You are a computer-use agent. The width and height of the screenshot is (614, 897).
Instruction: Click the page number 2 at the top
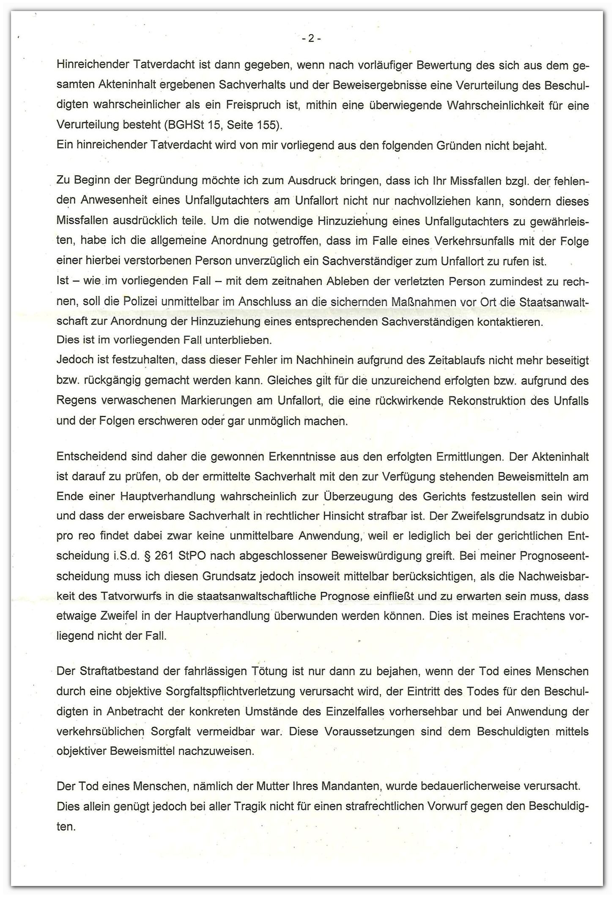(311, 39)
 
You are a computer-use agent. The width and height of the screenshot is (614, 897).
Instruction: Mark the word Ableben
(313, 281)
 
